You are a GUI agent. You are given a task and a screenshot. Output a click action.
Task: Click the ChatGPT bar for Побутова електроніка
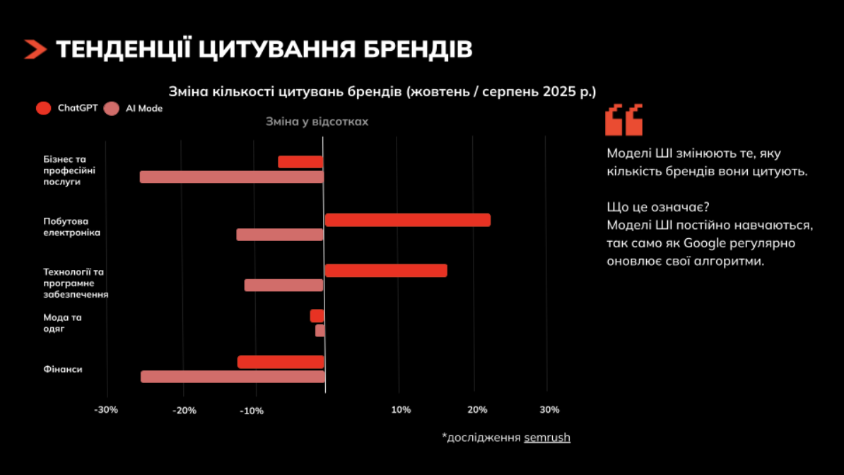(x=407, y=220)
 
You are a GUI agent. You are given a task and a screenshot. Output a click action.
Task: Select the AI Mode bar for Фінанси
(x=233, y=377)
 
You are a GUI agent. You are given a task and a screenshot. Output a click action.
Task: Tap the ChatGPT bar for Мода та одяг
(x=317, y=316)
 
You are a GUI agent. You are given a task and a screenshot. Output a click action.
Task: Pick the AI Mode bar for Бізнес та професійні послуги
(x=231, y=177)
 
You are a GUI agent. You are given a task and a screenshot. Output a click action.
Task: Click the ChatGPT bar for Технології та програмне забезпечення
(x=386, y=271)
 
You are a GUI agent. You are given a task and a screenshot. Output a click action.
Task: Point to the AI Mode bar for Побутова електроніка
(x=279, y=235)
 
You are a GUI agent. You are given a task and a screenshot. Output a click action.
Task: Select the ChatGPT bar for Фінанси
(x=281, y=362)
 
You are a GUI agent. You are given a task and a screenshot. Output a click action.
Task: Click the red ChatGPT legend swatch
(x=43, y=108)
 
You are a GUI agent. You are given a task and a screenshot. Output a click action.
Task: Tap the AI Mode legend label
(x=144, y=108)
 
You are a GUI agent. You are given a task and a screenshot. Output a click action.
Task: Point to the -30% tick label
(x=107, y=410)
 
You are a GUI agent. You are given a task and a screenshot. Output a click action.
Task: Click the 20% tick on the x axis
(x=477, y=410)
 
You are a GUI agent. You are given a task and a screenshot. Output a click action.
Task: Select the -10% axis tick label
(x=252, y=411)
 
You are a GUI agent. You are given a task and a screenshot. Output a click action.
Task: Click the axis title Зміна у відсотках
(x=317, y=122)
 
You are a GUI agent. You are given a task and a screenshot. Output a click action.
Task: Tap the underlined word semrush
(x=546, y=438)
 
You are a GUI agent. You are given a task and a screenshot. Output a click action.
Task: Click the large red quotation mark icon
(x=623, y=119)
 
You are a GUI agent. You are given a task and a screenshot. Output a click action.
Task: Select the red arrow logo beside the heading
(x=35, y=49)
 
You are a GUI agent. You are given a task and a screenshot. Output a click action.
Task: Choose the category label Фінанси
(x=63, y=369)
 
